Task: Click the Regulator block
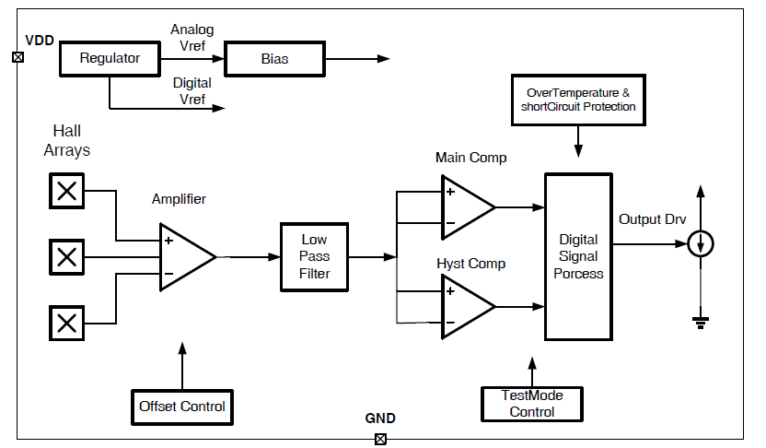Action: pos(110,59)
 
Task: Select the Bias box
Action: pos(274,59)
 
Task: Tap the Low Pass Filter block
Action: pos(314,257)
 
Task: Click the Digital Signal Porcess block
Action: pos(578,256)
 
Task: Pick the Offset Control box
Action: pos(182,407)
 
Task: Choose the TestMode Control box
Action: pos(532,404)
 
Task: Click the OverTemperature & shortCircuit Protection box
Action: pos(578,100)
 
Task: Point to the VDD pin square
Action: pos(18,57)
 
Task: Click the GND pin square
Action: pos(380,439)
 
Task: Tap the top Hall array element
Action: pos(67,191)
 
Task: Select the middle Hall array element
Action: pos(67,257)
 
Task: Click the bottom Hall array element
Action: pos(67,324)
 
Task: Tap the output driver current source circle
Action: pos(701,243)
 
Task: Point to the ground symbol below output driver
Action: pos(701,323)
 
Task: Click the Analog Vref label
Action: pos(192,38)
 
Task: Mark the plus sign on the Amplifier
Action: pos(168,241)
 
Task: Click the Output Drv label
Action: pos(652,219)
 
